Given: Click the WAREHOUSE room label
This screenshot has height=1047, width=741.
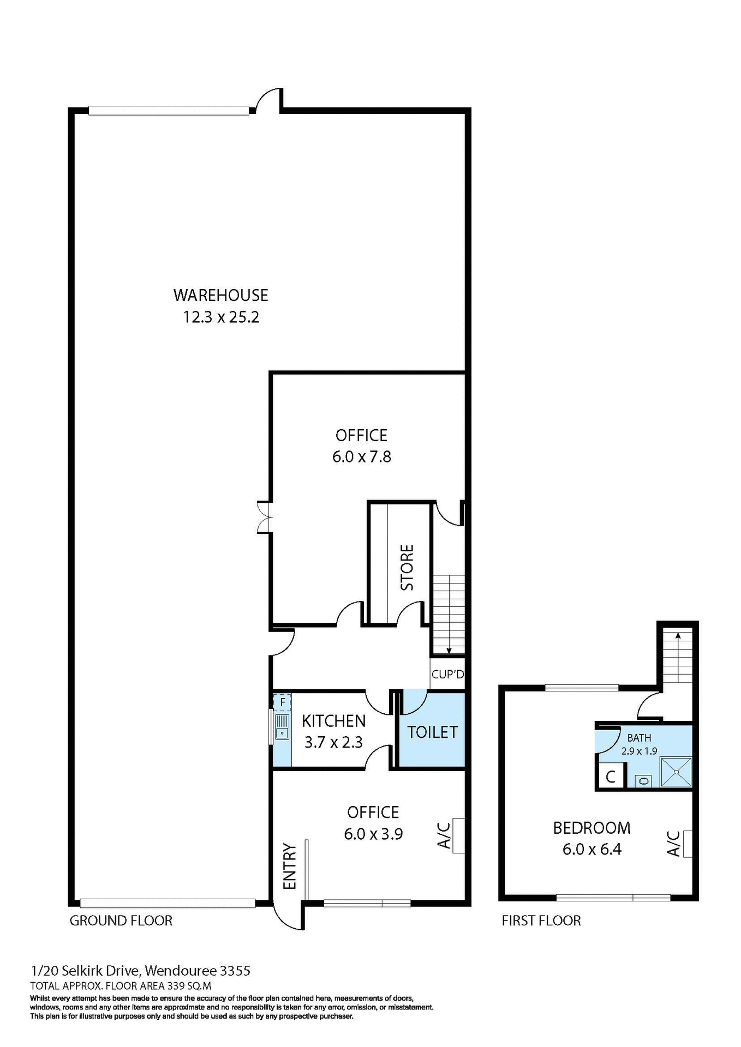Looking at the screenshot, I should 220,295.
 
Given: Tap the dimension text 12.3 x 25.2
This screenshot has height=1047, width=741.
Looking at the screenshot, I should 220,317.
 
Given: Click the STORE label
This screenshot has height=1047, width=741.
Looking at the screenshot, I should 407,567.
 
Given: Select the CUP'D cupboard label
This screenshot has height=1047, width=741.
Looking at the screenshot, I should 447,674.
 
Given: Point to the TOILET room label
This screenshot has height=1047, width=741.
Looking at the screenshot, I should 432,732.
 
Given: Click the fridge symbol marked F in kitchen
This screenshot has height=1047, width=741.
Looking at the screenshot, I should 282,702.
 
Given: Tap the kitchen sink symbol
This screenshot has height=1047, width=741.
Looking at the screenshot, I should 282,727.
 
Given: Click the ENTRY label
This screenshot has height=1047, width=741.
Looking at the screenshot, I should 289,867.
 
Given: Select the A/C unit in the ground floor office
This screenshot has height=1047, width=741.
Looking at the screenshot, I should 458,835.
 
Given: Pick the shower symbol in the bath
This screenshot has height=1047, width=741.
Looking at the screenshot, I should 676,772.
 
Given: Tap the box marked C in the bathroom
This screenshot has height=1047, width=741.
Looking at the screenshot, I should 610,776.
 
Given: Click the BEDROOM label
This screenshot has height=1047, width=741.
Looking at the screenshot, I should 591,828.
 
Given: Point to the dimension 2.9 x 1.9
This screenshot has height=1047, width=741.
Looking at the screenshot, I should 639,751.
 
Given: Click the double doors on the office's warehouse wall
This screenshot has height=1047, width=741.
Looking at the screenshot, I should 265,517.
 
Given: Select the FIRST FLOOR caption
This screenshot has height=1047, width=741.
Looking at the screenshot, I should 541,920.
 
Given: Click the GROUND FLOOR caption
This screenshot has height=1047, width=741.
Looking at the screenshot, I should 121,920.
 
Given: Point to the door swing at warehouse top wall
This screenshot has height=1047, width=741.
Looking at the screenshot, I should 268,100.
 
